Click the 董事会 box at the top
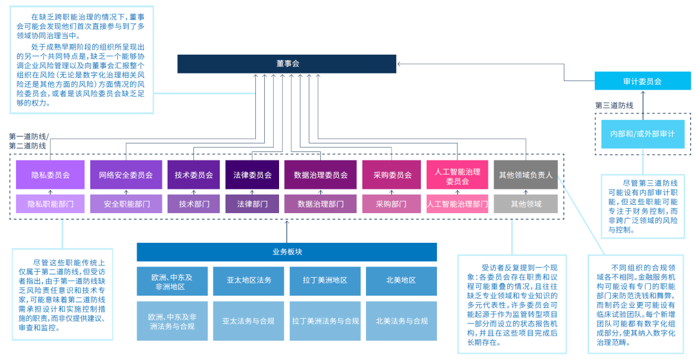click(x=287, y=64)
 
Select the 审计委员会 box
click(x=642, y=82)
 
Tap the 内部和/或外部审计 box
click(x=642, y=134)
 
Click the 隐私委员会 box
click(x=50, y=175)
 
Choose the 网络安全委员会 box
click(x=126, y=175)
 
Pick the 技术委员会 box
click(x=193, y=175)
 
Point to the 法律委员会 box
click(x=251, y=175)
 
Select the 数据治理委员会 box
click(x=320, y=175)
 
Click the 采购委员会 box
click(x=392, y=175)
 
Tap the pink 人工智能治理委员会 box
click(x=457, y=176)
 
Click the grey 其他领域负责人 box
click(x=525, y=175)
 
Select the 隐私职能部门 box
click(x=50, y=204)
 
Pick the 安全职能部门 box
click(x=126, y=204)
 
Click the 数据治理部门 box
click(x=320, y=204)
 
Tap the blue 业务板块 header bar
click(x=287, y=252)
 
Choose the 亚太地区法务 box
click(x=249, y=281)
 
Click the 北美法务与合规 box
click(x=401, y=321)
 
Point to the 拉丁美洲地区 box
click(x=325, y=281)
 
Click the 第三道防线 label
click(x=614, y=105)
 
